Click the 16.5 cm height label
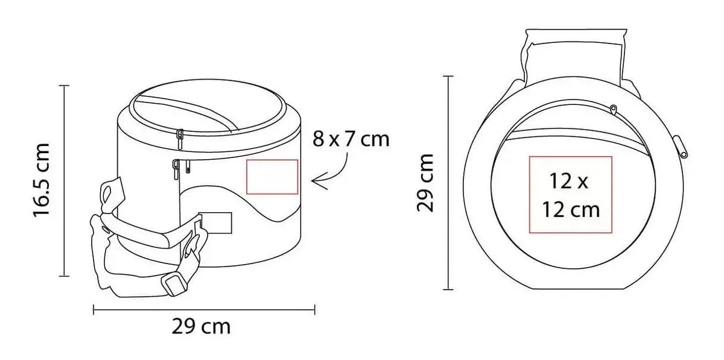click(x=42, y=180)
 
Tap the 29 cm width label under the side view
click(x=201, y=327)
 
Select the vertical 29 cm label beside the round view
click(x=425, y=183)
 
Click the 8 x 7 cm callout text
click(x=351, y=139)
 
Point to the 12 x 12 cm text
click(x=571, y=195)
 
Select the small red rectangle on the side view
click(x=272, y=177)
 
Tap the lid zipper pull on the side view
click(x=180, y=139)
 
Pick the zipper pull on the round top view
click(x=613, y=110)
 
